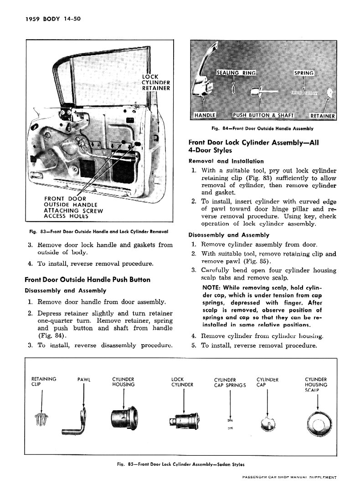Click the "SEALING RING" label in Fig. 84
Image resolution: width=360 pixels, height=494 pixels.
[236, 73]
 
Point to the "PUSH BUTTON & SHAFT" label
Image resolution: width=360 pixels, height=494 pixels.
[263, 115]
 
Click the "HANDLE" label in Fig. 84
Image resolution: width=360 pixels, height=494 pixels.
[205, 115]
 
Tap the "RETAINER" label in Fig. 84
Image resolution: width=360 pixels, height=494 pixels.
[322, 116]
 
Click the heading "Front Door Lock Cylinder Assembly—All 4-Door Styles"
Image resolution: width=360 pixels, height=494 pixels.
[253, 146]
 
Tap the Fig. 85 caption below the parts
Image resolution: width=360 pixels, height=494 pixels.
[180, 464]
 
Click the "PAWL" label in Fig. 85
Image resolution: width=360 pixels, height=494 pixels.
[84, 379]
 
